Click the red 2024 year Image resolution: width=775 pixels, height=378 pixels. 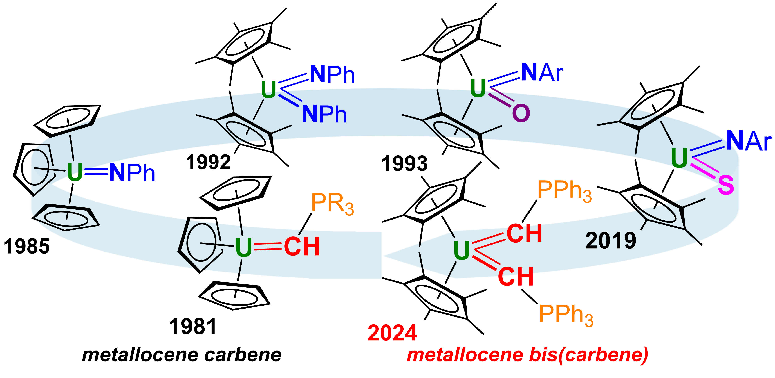tap(392, 333)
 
